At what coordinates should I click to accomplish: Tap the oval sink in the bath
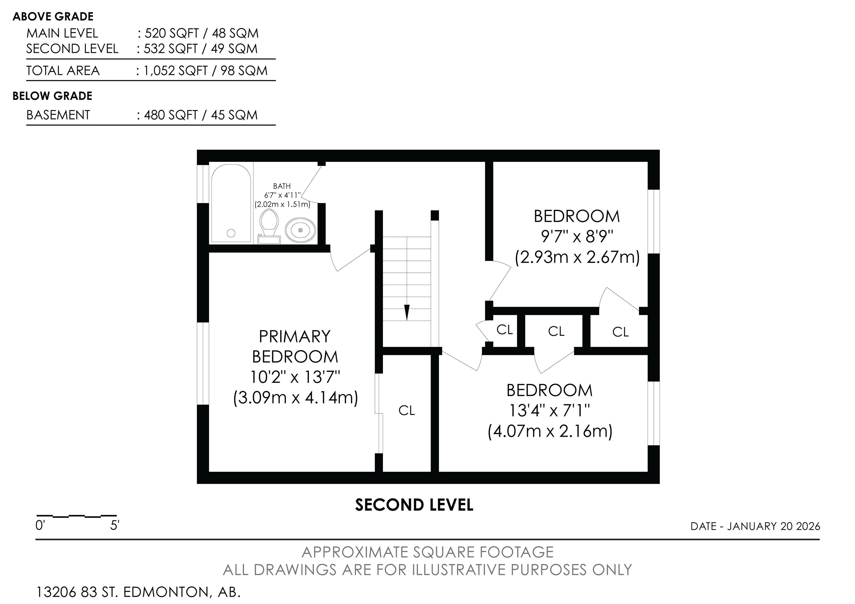pyautogui.click(x=301, y=230)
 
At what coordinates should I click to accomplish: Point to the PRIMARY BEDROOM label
pyautogui.click(x=295, y=347)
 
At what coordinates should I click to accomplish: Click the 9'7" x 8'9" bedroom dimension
pyautogui.click(x=577, y=236)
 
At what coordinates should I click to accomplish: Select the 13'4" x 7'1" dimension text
pyautogui.click(x=550, y=411)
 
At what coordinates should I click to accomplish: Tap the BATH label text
pyautogui.click(x=282, y=186)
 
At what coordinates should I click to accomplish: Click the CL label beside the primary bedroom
pyautogui.click(x=407, y=410)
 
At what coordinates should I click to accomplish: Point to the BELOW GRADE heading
pyautogui.click(x=53, y=96)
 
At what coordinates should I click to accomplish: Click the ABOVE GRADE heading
pyautogui.click(x=53, y=17)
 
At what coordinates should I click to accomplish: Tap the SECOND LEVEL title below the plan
pyautogui.click(x=414, y=505)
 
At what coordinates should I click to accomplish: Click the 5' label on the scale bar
pyautogui.click(x=115, y=526)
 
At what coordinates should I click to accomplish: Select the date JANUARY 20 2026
pyautogui.click(x=774, y=526)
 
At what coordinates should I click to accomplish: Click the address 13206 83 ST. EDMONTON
pyautogui.click(x=123, y=592)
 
